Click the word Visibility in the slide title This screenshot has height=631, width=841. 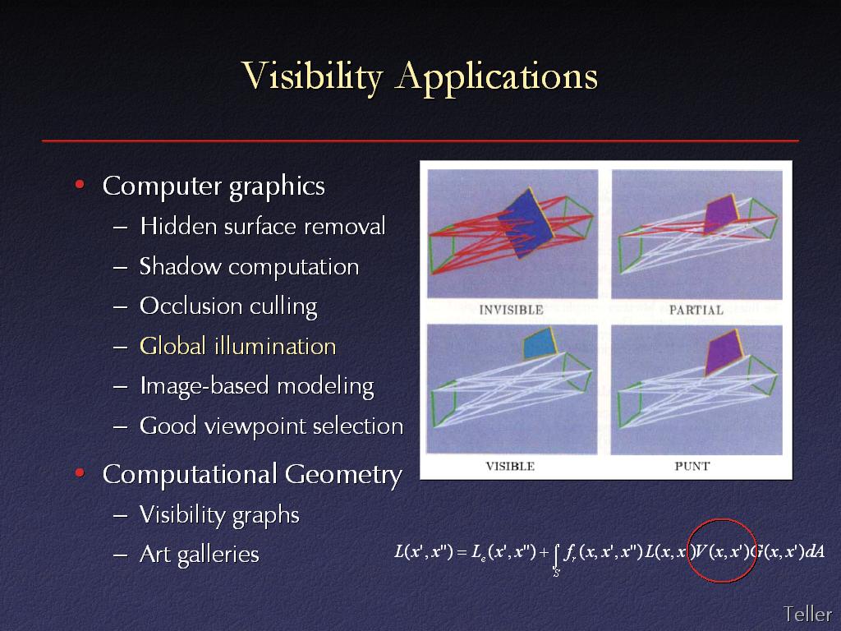(311, 76)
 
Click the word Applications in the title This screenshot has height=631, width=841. (497, 76)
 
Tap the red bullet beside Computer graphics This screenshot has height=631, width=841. (80, 185)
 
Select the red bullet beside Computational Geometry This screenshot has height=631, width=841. (80, 472)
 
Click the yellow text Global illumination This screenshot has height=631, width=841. (237, 346)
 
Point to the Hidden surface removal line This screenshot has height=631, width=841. (262, 226)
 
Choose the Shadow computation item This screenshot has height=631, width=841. (249, 267)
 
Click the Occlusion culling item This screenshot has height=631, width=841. (228, 306)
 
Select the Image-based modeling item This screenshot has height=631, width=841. (256, 387)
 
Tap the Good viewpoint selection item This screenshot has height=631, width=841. (271, 426)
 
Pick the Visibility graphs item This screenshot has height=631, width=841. (219, 515)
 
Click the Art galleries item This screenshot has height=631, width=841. (199, 555)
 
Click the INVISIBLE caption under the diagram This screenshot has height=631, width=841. (511, 310)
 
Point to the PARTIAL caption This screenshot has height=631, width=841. (696, 310)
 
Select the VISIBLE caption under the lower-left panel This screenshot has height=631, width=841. (510, 466)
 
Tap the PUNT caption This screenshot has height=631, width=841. (692, 466)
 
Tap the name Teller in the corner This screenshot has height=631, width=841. (807, 613)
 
